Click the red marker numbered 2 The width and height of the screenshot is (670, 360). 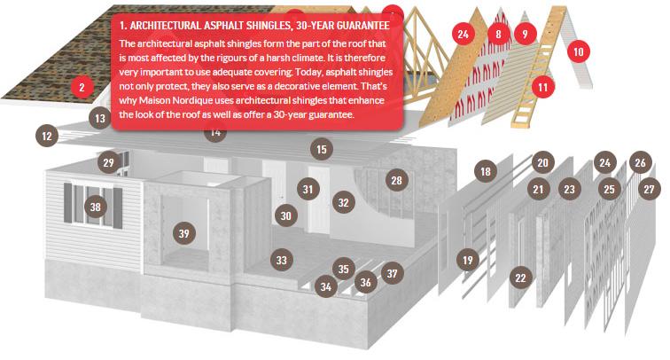point(82,88)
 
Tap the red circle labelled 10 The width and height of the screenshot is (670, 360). point(579,51)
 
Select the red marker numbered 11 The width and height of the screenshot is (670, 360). point(542,88)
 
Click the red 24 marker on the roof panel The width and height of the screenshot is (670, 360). point(464,35)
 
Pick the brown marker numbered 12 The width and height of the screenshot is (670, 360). point(47,136)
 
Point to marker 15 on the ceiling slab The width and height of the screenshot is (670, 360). point(322,149)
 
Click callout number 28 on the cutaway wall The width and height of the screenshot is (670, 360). point(396,180)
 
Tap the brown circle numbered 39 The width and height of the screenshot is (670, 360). point(184,233)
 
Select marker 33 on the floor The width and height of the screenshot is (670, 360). point(282,260)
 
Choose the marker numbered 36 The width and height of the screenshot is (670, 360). point(366,282)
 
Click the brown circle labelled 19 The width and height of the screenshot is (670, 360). point(467,260)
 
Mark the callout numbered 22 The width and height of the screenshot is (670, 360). point(520,278)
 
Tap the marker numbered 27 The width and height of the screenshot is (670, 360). point(649,189)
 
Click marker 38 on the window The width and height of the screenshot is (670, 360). point(96,207)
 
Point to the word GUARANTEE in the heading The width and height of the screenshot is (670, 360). point(363,26)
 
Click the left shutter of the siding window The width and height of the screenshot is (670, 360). point(67,203)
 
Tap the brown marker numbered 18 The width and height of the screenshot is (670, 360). point(486,171)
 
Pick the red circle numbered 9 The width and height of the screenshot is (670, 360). point(526,35)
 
